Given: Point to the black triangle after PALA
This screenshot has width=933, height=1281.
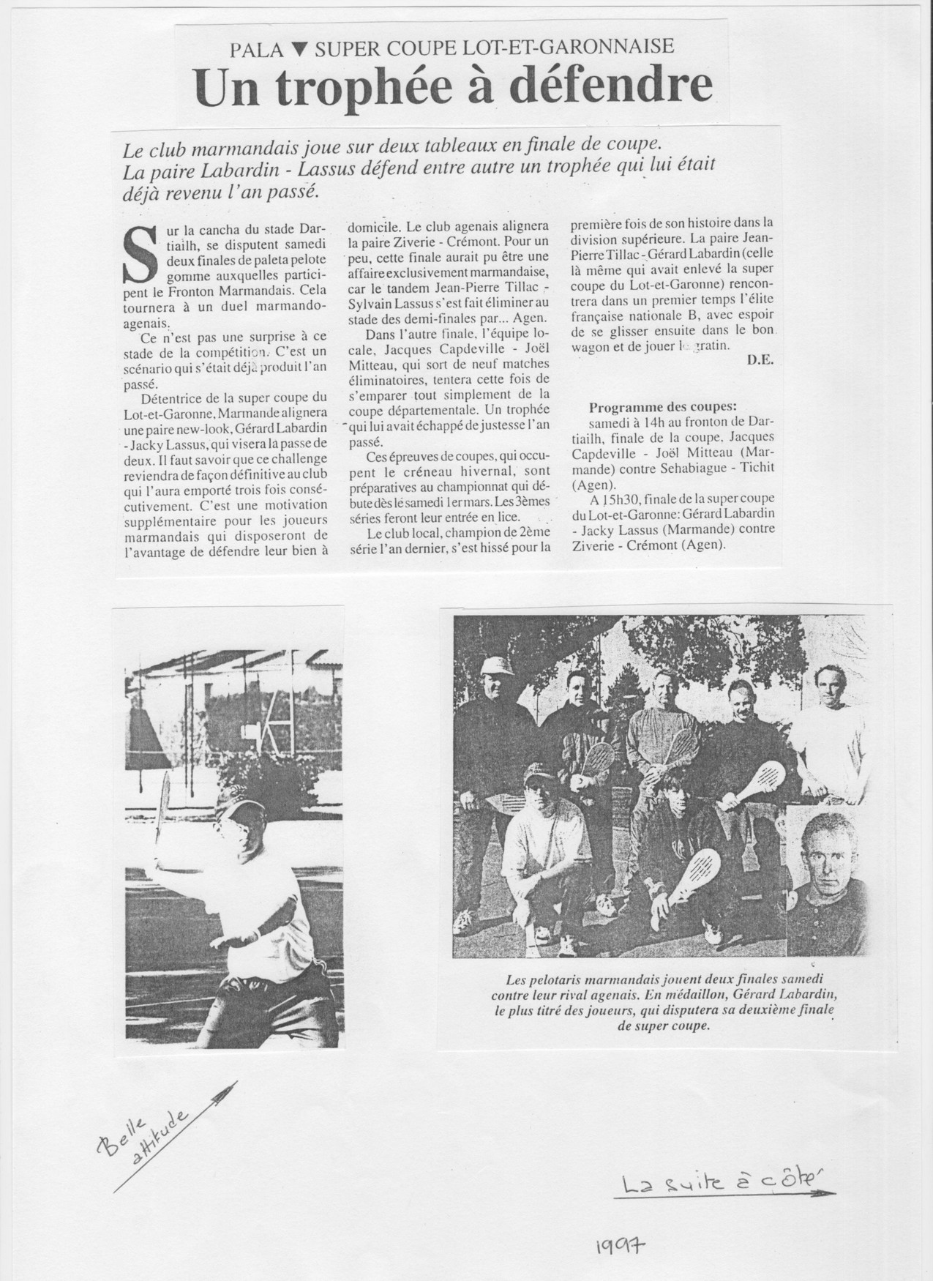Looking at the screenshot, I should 299,50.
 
